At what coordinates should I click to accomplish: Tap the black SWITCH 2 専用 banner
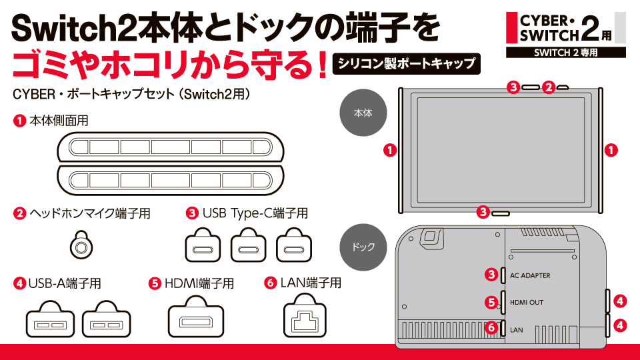pyautogui.click(x=565, y=52)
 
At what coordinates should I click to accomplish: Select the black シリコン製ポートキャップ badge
pyautogui.click(x=407, y=63)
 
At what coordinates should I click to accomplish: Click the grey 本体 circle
pyautogui.click(x=362, y=113)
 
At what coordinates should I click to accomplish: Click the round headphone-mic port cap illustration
pyautogui.click(x=81, y=245)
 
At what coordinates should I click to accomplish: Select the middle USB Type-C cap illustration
pyautogui.click(x=248, y=245)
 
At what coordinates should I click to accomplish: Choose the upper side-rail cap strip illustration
pyautogui.click(x=171, y=147)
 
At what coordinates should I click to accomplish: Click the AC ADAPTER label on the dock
pyautogui.click(x=530, y=275)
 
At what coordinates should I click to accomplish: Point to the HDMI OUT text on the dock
pyautogui.click(x=527, y=303)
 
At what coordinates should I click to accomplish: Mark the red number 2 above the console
pyautogui.click(x=548, y=87)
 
